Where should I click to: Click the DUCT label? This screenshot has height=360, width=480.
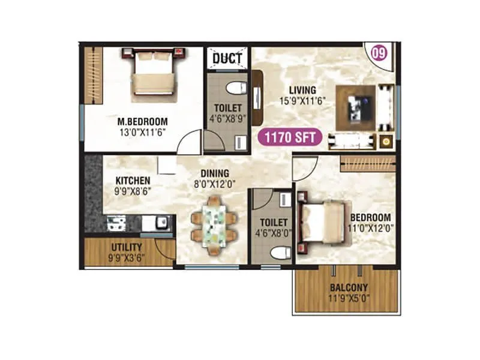pos(227,58)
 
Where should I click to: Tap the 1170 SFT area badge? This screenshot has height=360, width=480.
pos(290,137)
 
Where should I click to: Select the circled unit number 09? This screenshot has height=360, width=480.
pos(379,53)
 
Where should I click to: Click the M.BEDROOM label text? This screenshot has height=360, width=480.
pos(142,121)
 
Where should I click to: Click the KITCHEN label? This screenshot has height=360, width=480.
pos(133,181)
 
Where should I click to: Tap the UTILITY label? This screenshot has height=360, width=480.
pos(127,247)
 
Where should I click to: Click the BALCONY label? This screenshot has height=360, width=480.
pos(348,287)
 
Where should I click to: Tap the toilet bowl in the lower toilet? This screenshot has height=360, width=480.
pos(277,253)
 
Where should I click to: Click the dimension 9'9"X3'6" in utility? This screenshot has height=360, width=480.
pos(127,257)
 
